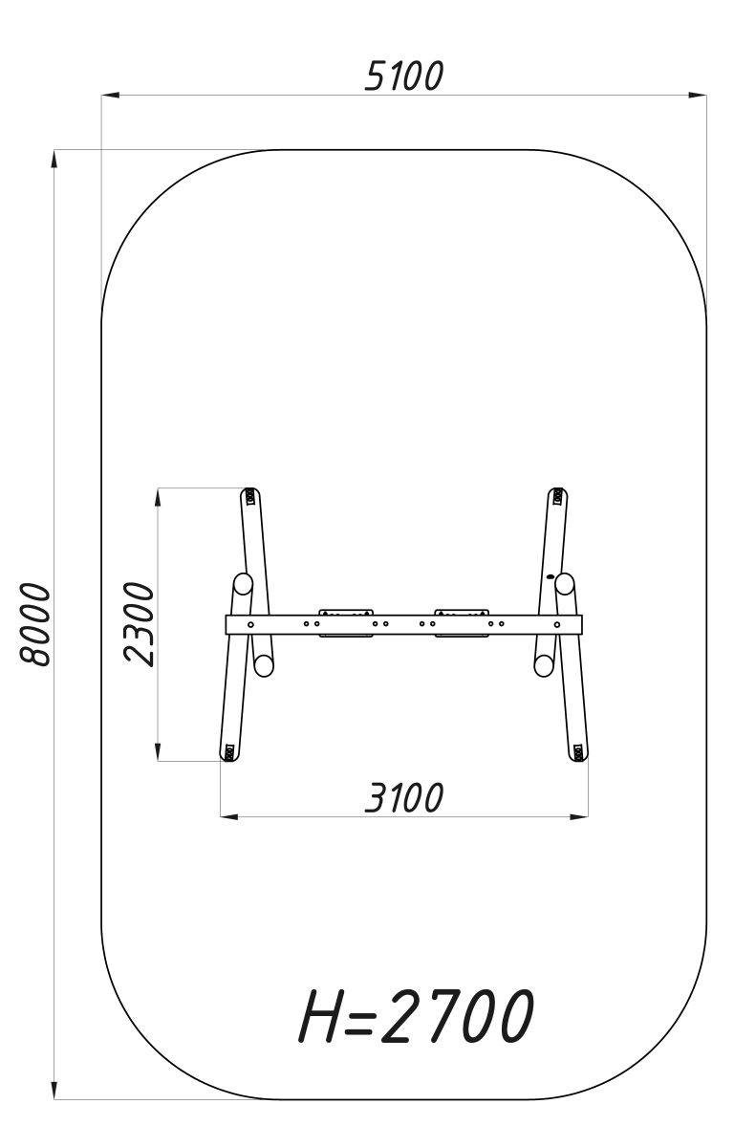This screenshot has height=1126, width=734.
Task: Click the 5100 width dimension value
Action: pyautogui.click(x=404, y=76)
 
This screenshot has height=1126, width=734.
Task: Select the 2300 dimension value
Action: pyautogui.click(x=140, y=624)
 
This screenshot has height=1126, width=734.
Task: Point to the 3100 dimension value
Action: pyautogui.click(x=404, y=797)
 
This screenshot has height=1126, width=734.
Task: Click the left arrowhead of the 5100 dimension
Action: pyautogui.click(x=110, y=94)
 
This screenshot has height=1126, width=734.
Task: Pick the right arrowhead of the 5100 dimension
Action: pyautogui.click(x=698, y=94)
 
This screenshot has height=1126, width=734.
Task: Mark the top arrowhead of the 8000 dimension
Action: pyautogui.click(x=54, y=160)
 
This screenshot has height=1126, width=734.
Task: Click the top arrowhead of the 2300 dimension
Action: pyautogui.click(x=158, y=498)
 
